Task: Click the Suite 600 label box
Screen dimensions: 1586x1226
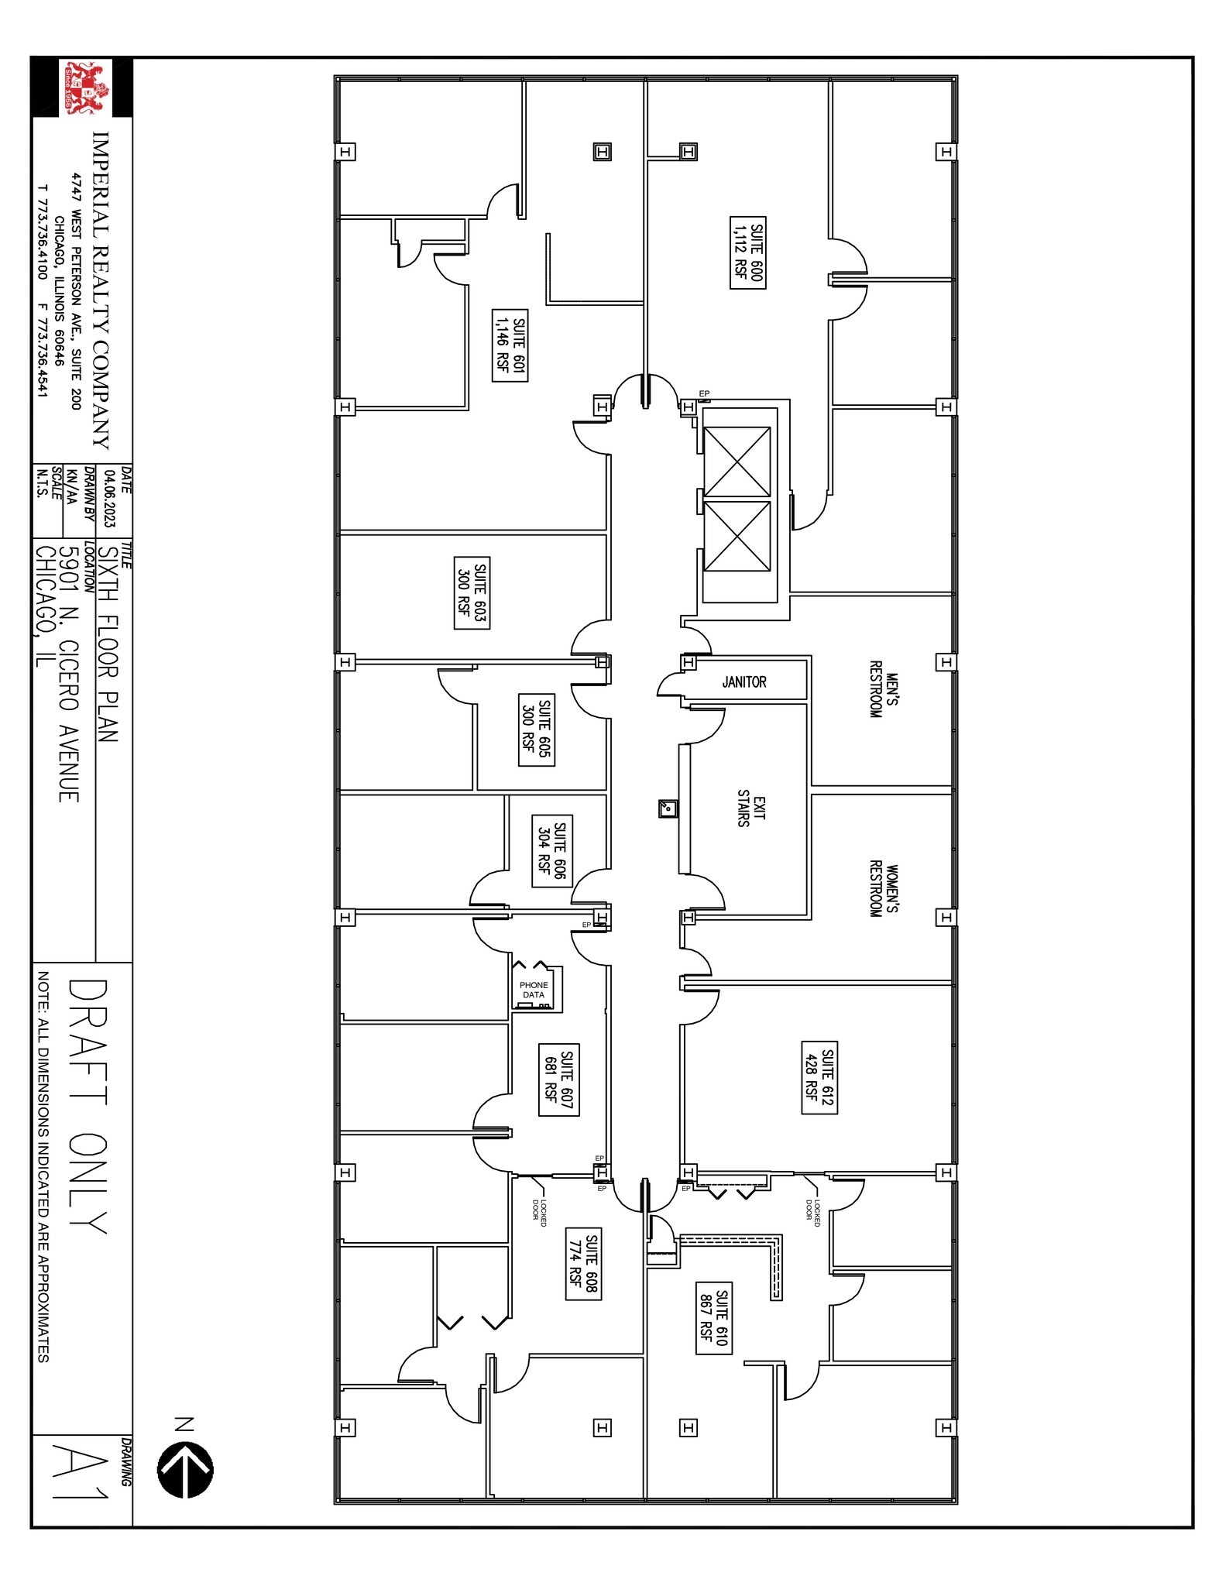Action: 748,255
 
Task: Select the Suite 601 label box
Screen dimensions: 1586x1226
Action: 510,345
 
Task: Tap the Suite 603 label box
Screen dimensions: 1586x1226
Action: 472,592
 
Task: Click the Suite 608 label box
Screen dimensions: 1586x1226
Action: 584,1264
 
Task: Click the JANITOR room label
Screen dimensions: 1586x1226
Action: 744,682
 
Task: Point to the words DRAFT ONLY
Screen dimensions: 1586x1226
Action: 87,1107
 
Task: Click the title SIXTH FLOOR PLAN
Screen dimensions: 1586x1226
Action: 108,644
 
